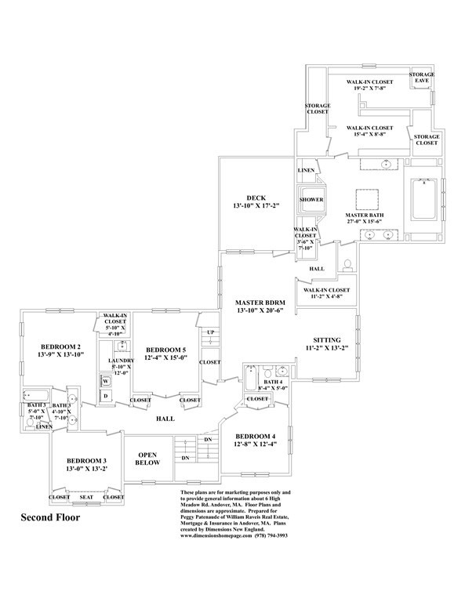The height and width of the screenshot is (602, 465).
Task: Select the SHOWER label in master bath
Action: pyautogui.click(x=311, y=200)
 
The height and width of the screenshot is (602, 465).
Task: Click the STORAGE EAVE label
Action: pyautogui.click(x=423, y=78)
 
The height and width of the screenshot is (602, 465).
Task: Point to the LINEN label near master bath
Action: pyautogui.click(x=307, y=170)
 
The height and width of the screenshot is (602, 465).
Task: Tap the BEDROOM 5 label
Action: pyautogui.click(x=165, y=349)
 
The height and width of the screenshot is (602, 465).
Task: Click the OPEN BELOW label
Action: pyautogui.click(x=148, y=458)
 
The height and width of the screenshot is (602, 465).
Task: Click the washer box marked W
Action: pyautogui.click(x=105, y=382)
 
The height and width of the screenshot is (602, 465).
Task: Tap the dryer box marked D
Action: pyautogui.click(x=105, y=396)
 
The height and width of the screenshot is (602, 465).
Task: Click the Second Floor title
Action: pyautogui.click(x=49, y=518)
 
